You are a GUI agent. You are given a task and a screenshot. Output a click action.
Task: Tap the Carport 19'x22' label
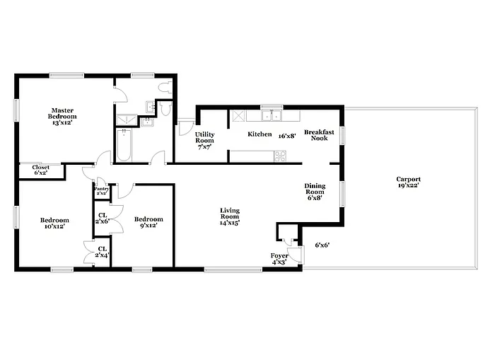pyautogui.click(x=408, y=182)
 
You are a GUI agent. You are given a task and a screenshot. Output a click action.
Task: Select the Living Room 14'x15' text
pyautogui.click(x=229, y=216)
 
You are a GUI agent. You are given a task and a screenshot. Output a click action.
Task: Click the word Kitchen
pyautogui.click(x=260, y=134)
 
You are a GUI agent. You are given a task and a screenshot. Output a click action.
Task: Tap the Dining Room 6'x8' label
pyautogui.click(x=314, y=191)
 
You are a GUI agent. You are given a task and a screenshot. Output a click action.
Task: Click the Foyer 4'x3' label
pyautogui.click(x=279, y=258)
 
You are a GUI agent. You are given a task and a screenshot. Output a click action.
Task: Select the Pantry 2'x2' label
pyautogui.click(x=101, y=190)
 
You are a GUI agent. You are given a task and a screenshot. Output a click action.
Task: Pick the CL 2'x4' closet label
pyautogui.click(x=103, y=252)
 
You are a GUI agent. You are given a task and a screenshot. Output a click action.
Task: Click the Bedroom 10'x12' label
pyautogui.click(x=54, y=223)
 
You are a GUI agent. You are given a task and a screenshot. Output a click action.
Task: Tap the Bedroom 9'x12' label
pyautogui.click(x=148, y=222)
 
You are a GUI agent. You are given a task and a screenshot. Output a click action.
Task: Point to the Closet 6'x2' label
pyautogui.click(x=41, y=170)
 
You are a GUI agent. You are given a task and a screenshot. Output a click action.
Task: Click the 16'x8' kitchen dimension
pyautogui.click(x=287, y=135)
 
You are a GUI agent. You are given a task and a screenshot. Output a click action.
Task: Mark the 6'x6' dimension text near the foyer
pyautogui.click(x=322, y=245)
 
